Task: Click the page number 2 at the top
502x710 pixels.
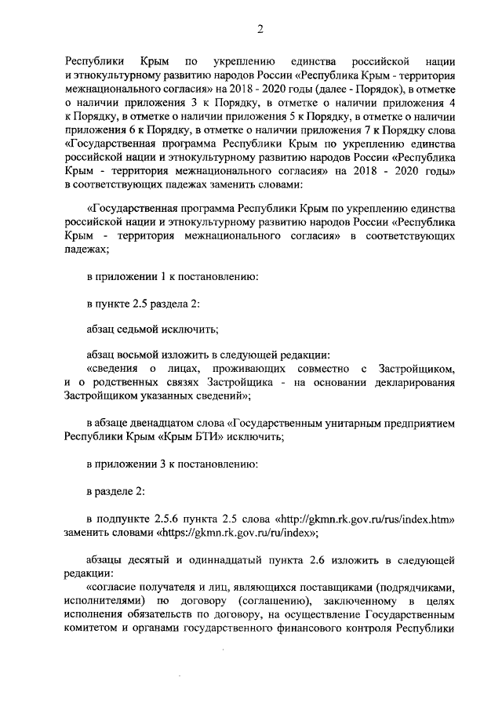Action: pyautogui.click(x=260, y=30)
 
